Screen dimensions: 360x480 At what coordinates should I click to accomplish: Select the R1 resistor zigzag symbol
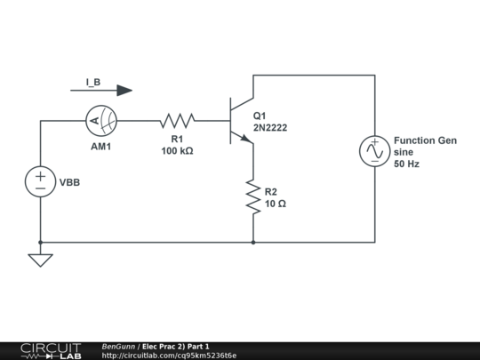point(177,121)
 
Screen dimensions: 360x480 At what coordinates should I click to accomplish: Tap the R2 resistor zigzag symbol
point(253,196)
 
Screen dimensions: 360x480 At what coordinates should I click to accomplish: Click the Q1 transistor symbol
point(238,121)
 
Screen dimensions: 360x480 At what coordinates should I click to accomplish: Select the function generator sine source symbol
point(373,151)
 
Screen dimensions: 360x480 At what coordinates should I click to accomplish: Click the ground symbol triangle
point(40,260)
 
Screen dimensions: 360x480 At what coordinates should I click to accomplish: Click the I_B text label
point(93,82)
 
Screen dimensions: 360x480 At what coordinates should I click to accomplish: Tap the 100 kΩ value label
point(177,151)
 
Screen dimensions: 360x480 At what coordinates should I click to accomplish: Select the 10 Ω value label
point(276,204)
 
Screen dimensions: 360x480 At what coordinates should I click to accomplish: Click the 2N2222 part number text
point(270,128)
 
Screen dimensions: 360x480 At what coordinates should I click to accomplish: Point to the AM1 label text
point(101,147)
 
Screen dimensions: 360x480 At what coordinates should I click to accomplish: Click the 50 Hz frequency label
point(406,165)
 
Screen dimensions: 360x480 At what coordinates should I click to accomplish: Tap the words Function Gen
point(425,140)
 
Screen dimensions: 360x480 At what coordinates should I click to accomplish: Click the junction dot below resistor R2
point(253,242)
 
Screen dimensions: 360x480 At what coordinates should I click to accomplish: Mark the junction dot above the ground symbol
point(40,242)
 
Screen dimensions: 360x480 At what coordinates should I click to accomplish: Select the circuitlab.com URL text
point(169,356)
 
